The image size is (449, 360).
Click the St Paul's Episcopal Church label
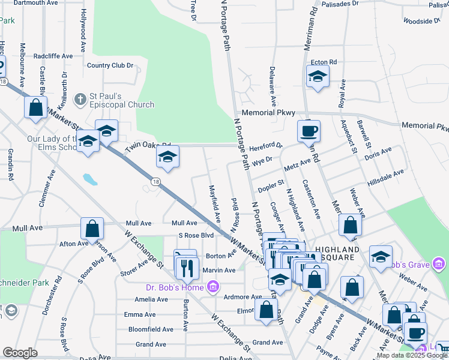tap(122, 100)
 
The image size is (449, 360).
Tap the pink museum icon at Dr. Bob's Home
tap(212, 288)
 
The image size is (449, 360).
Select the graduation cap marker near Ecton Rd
tap(318, 76)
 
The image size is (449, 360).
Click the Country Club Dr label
tap(110, 65)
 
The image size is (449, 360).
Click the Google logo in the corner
tap(20, 353)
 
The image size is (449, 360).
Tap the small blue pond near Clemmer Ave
tap(90, 179)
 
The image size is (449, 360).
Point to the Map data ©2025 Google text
tap(412, 355)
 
